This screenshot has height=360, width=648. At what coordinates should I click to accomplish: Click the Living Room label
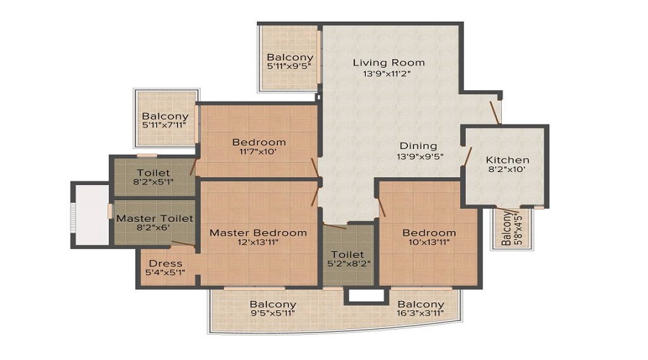click(388, 63)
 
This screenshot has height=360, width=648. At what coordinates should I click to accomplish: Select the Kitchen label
click(507, 160)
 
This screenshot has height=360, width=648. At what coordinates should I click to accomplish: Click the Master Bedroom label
click(258, 233)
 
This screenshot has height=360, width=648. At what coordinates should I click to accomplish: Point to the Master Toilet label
click(154, 218)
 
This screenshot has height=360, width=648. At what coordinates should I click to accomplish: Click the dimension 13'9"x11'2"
click(388, 74)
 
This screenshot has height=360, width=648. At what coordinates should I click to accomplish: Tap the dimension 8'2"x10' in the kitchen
click(507, 171)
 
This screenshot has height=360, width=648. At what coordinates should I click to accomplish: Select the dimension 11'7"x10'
click(258, 153)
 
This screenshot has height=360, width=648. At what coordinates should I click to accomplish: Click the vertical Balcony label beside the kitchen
click(507, 229)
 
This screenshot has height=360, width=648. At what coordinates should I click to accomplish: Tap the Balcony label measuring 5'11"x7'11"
click(165, 116)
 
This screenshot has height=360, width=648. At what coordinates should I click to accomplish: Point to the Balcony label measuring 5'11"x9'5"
click(289, 58)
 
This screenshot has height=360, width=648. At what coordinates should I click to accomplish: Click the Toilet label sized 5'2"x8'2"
click(348, 255)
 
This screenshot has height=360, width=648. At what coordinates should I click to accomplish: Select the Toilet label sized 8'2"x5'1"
click(153, 173)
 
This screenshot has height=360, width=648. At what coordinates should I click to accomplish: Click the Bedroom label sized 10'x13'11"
click(428, 233)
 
